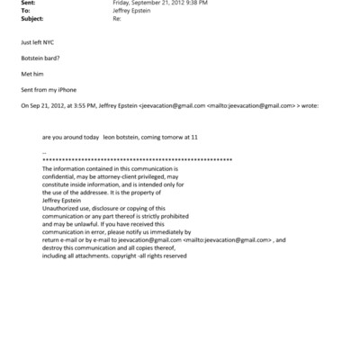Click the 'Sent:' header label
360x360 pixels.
coord(28,3)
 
